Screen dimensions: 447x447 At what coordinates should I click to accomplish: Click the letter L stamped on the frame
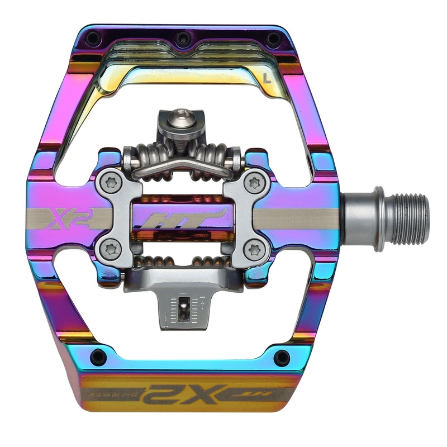click(267, 79)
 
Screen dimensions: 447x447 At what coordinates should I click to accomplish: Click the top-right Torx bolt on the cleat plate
click(255, 182)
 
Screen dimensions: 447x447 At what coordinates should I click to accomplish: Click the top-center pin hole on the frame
click(181, 39)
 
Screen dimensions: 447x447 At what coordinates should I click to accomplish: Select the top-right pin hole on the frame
click(273, 39)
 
